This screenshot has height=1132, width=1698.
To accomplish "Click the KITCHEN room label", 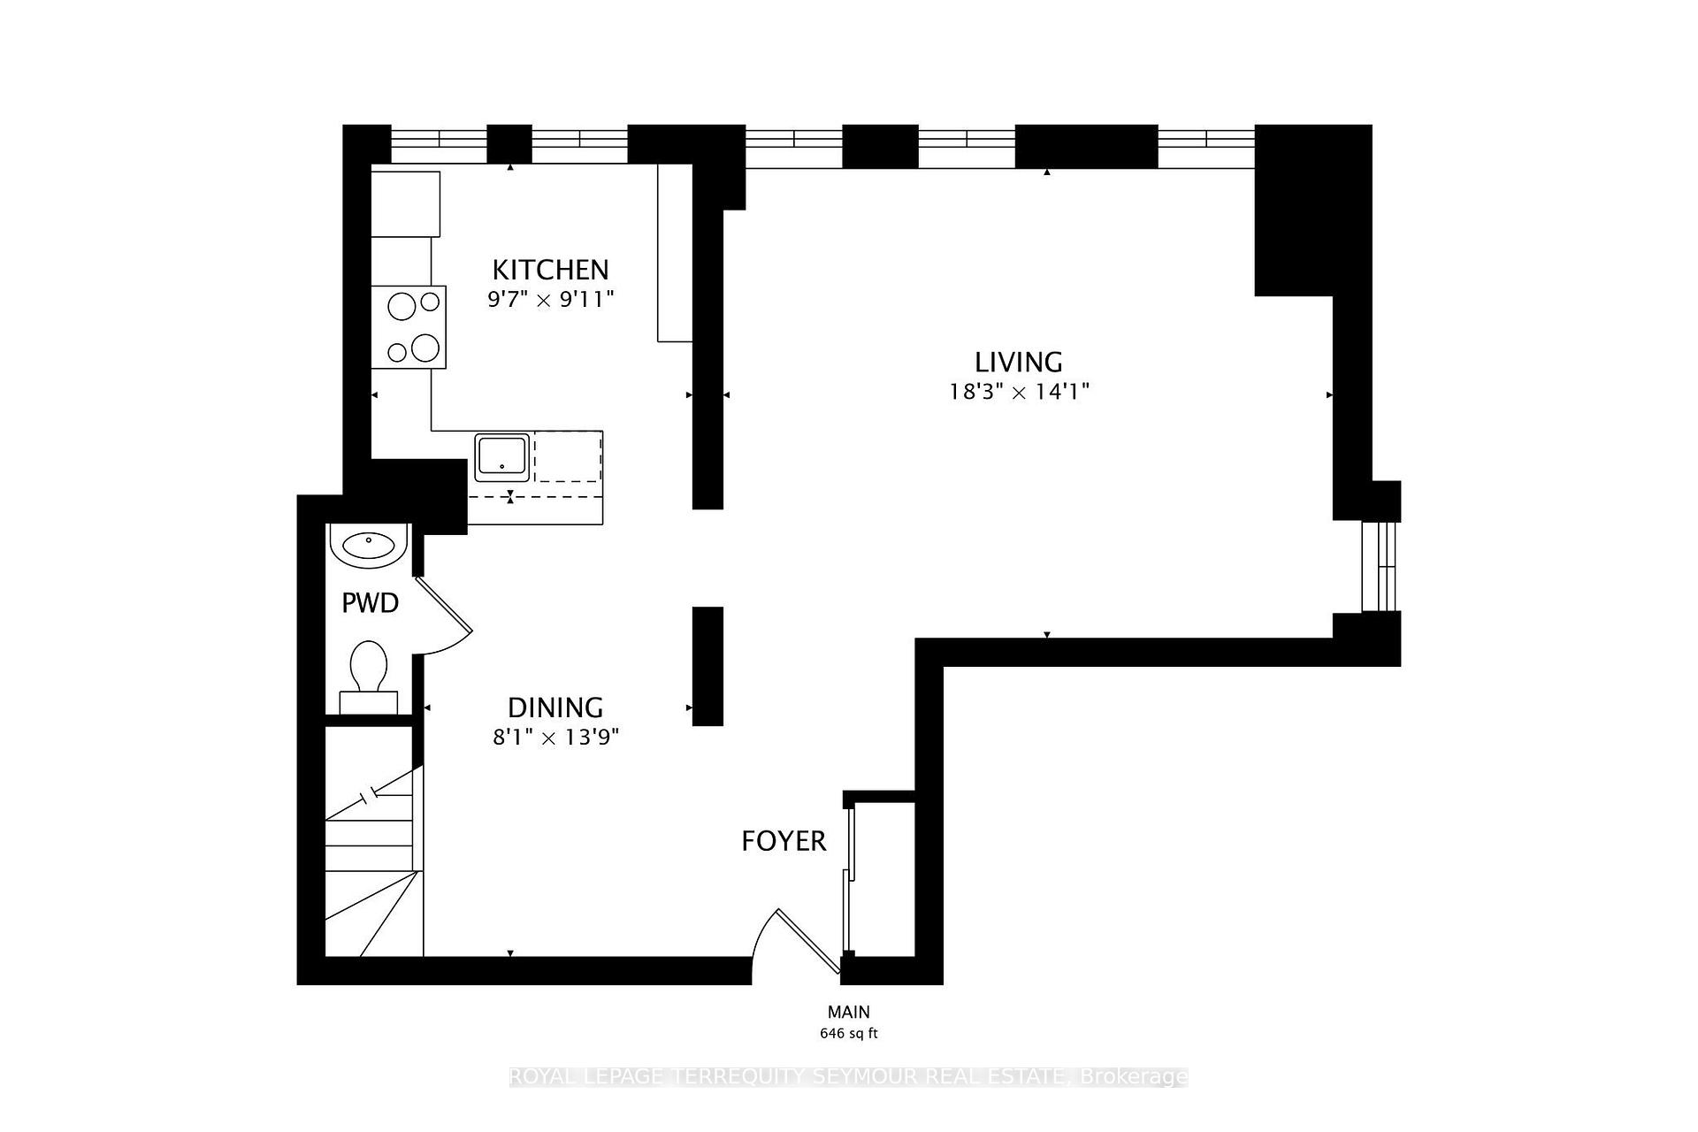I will pos(550,269).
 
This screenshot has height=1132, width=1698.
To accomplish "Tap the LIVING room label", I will pos(1018,362).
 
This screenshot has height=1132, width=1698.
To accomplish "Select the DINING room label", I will pos(555,707).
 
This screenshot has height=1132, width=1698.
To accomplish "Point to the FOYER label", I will pos(784,841).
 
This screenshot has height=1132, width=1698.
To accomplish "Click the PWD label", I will pos(370,603).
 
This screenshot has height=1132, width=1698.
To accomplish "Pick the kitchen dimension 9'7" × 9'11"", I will pos(550,299).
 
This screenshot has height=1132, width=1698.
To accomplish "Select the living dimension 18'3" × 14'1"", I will pos(1018,392).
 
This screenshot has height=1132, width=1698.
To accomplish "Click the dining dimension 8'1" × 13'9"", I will pos(555,737).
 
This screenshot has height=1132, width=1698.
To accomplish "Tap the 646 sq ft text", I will pos(848,1033).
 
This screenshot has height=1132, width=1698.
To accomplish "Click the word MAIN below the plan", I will pos(848,1012).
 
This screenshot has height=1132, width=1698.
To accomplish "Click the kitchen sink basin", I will pos(502,456).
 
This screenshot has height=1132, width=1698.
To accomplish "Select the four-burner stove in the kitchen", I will pos(409,326).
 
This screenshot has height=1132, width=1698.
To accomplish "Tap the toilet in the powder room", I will pos(369,672).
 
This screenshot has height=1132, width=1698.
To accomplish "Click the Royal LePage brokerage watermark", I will pos(848,1076).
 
